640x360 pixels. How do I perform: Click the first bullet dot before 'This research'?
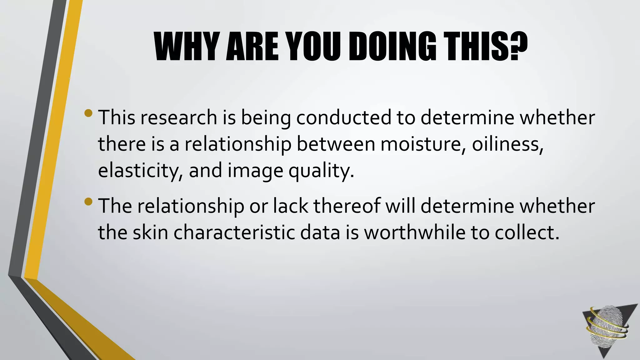(88, 113)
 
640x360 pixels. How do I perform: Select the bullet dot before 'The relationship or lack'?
(88, 202)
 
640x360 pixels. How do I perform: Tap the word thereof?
(347, 207)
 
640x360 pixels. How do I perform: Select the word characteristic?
(234, 233)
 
